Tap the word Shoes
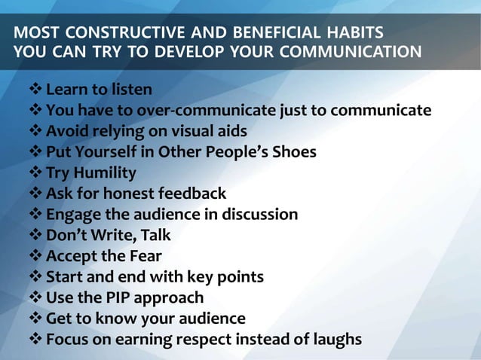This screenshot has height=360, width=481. click(293, 152)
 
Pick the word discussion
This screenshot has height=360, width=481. click(256, 215)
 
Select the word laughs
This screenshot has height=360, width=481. click(336, 339)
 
